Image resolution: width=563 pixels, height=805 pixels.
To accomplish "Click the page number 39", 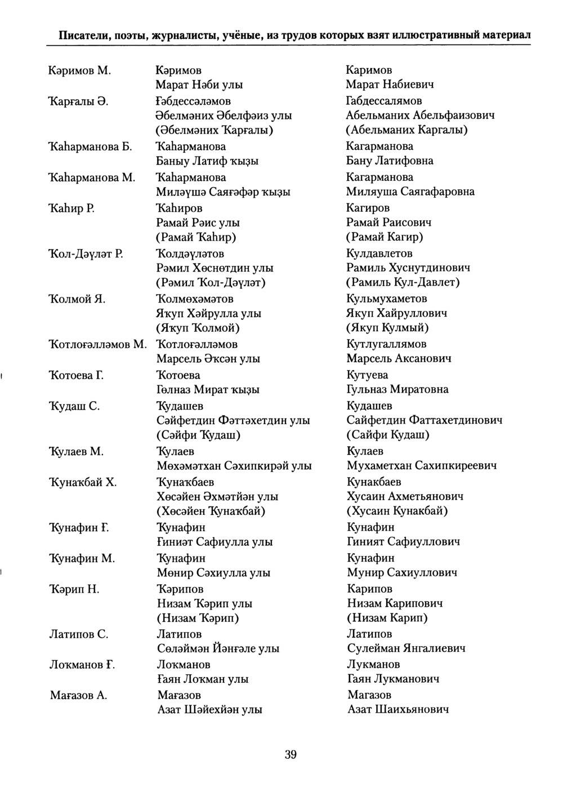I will [291, 755].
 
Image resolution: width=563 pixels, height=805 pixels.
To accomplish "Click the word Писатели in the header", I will [83, 35].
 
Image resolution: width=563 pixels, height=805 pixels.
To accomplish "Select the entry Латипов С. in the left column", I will [79, 634].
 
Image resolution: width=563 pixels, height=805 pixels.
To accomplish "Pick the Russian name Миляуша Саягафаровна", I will [410, 192].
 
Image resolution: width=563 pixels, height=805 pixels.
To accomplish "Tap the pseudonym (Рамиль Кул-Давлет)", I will [403, 282].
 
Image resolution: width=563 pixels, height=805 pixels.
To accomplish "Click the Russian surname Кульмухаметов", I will [387, 299].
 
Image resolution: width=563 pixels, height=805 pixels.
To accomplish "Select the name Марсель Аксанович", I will [399, 358].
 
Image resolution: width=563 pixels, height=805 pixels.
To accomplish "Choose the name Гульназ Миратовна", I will [397, 389].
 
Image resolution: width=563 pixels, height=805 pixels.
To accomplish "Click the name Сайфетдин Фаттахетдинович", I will [425, 420].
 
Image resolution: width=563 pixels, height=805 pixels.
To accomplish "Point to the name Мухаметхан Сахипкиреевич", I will [422, 466].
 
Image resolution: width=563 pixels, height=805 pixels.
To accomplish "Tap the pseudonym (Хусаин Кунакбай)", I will [397, 511].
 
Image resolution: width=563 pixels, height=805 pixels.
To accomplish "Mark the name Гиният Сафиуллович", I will [404, 542].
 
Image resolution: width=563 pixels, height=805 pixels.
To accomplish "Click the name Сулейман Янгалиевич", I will [406, 648].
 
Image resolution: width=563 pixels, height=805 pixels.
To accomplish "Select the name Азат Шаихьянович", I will [398, 710].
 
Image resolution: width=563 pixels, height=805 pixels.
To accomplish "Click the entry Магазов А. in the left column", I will [78, 696].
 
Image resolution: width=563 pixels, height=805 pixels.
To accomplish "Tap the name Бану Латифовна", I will [390, 161].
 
